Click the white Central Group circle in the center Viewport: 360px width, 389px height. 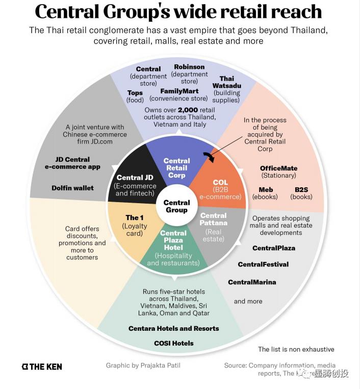point(176,206)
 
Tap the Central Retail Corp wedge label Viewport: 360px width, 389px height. point(176,167)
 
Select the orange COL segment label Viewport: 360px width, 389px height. point(220,182)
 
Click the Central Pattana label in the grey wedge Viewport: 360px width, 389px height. point(213,219)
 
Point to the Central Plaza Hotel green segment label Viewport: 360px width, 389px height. point(173,240)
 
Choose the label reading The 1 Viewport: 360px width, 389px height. point(135,218)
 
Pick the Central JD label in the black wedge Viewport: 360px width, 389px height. point(135,178)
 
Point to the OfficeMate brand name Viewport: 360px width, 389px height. point(278,168)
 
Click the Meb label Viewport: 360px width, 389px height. point(266,189)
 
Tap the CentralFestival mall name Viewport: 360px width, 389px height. point(263,264)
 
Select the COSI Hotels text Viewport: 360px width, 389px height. point(174,343)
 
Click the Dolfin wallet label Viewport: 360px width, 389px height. point(72,188)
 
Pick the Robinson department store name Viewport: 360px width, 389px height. point(189,67)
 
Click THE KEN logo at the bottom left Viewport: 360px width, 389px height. point(42,366)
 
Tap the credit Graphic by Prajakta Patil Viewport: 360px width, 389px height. point(143,366)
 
